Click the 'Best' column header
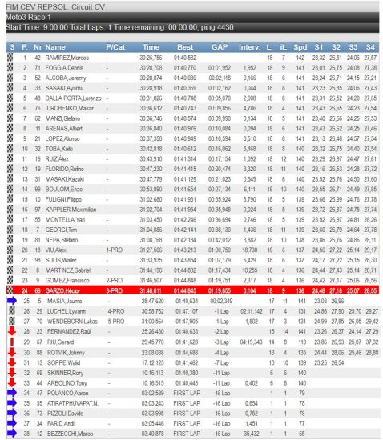coord(185,48)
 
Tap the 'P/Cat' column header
coord(115,48)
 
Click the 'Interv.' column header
coord(249,48)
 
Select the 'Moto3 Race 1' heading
coord(26,16)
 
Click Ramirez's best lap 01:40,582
coord(185,58)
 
